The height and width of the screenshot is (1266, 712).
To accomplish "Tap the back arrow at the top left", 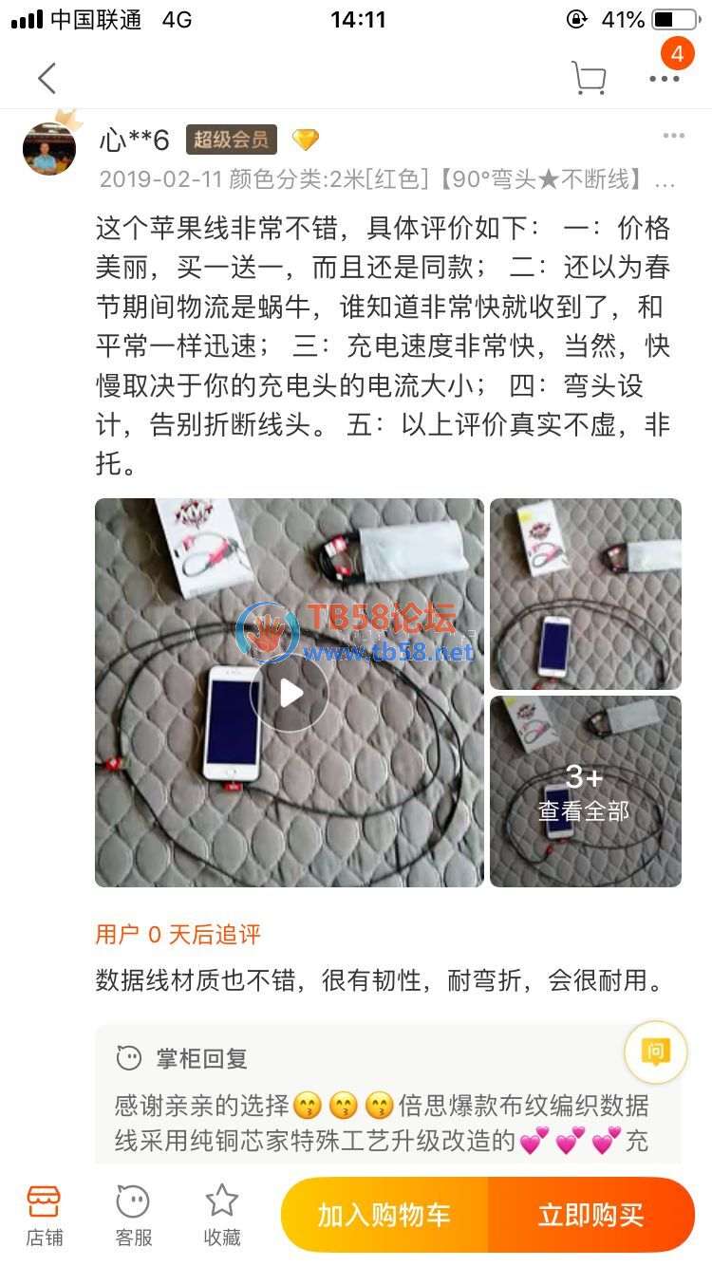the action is (x=47, y=78).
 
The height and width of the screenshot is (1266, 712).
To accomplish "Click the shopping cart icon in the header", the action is (x=589, y=78).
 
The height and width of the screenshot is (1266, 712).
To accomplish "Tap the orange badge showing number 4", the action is (x=677, y=54).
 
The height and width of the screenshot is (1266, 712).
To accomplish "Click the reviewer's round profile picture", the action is (x=49, y=148).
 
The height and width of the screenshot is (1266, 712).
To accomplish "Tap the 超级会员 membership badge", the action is (x=232, y=140).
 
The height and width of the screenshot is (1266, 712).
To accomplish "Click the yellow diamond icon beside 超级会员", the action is (x=306, y=140).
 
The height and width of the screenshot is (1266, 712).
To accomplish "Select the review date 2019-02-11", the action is (x=160, y=179).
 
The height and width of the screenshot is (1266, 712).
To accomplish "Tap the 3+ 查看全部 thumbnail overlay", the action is (x=586, y=791).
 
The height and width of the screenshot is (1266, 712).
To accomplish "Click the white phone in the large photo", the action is (x=233, y=724).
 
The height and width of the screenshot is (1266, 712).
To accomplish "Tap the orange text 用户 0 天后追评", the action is (x=178, y=934).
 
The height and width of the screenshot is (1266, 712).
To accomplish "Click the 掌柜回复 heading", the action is (x=202, y=1058).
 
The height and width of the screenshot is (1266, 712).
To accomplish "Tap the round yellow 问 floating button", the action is (x=655, y=1052).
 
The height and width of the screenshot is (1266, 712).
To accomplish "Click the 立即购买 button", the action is (x=591, y=1215).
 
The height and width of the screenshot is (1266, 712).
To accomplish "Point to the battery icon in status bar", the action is (x=677, y=20).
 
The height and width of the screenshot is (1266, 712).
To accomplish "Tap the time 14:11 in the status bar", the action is (x=358, y=20).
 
